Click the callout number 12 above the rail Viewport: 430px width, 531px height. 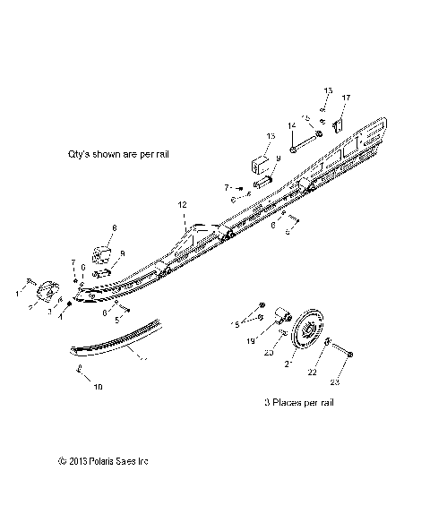tap(182, 205)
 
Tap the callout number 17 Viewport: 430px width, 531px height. tap(347, 97)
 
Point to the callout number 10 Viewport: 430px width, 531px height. tap(99, 386)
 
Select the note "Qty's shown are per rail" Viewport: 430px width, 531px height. tap(118, 154)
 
